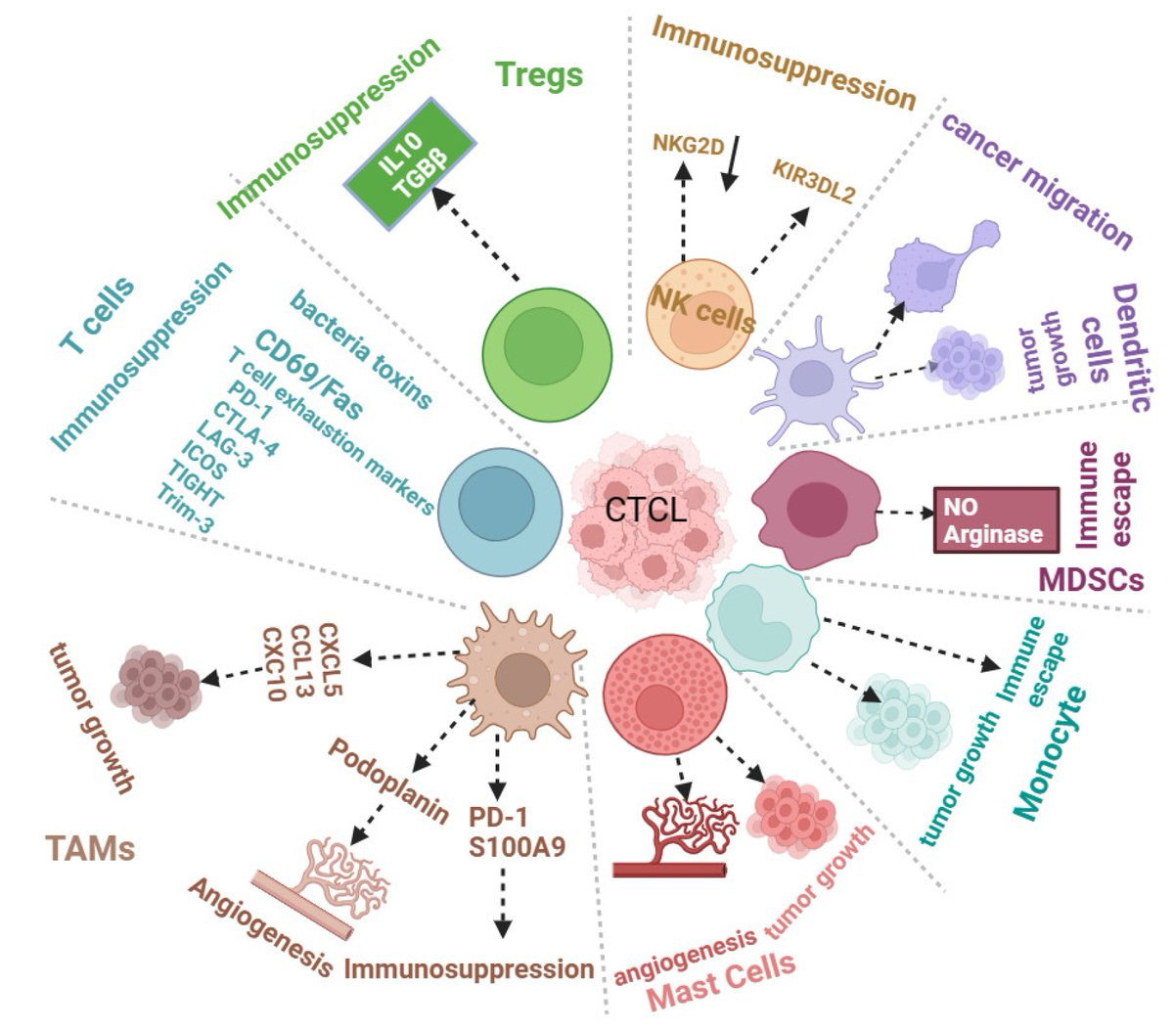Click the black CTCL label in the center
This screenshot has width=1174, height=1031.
646,510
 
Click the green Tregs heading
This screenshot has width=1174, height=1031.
538,74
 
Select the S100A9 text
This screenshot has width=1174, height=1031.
517,846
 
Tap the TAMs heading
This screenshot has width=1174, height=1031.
90,847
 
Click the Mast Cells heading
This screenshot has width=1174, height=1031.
722,984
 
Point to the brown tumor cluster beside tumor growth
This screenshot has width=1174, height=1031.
158,675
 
